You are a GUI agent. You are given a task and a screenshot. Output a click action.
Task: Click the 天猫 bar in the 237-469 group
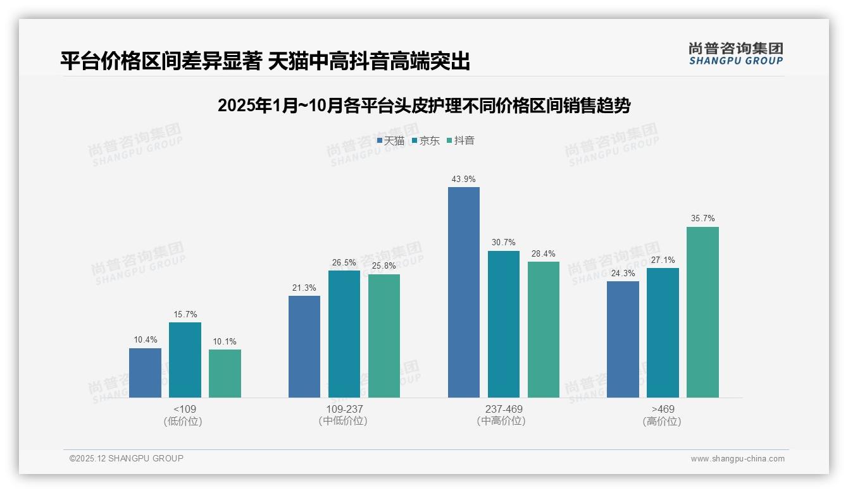click(463, 292)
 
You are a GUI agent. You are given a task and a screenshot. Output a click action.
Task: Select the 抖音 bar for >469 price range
click(702, 312)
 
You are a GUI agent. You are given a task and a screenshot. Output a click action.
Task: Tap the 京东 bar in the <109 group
click(185, 360)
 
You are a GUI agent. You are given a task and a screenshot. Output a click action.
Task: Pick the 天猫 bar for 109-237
click(304, 346)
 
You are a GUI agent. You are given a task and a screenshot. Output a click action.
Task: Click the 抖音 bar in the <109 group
click(225, 374)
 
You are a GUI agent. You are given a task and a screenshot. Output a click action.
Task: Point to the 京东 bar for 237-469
click(503, 324)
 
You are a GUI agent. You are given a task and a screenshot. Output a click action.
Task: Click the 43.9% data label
click(463, 180)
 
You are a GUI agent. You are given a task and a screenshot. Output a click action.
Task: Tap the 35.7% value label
click(702, 219)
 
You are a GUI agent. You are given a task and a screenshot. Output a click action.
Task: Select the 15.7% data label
click(185, 315)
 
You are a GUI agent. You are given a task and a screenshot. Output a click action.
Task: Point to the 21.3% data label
click(304, 288)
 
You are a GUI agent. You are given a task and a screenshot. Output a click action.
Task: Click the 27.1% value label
click(663, 260)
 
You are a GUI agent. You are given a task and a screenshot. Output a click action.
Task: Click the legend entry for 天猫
click(390, 141)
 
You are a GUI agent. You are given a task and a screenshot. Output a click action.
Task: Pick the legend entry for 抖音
click(461, 141)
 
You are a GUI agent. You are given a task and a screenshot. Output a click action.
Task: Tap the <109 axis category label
click(184, 409)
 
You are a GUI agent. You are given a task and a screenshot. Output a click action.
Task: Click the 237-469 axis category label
click(503, 409)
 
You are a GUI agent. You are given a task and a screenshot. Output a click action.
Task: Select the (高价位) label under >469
click(662, 422)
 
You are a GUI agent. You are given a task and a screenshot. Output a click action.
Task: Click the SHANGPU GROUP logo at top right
click(735, 54)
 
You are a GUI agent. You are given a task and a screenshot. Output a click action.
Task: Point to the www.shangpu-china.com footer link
click(737, 459)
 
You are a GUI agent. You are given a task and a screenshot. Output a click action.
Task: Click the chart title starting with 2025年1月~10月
click(423, 106)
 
